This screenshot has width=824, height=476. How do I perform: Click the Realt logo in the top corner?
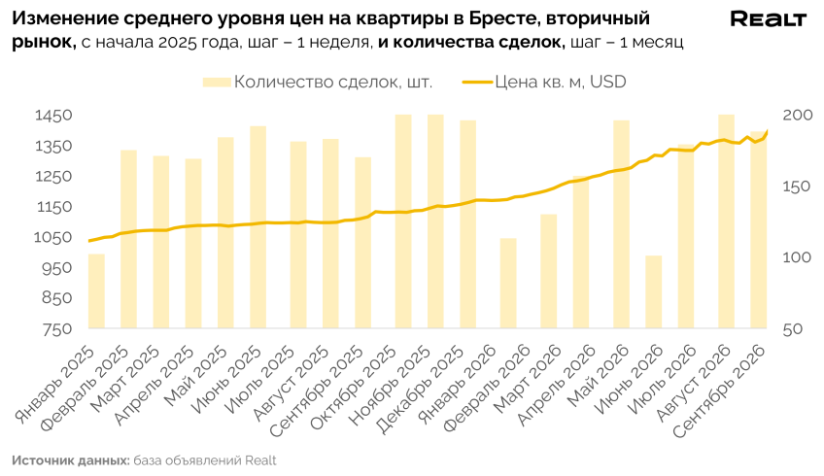click(768, 19)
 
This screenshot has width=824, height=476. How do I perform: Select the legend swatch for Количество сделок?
click(217, 82)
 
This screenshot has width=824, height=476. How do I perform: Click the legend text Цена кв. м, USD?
click(561, 82)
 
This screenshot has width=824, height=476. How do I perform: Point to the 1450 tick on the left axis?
click(53, 116)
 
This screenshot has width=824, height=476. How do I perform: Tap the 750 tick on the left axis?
click(56, 329)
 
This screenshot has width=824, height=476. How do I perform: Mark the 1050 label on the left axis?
click(53, 237)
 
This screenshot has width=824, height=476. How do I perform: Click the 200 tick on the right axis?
click(798, 115)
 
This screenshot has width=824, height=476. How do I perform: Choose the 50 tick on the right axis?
click(793, 329)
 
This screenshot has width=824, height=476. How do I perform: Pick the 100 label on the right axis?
click(797, 257)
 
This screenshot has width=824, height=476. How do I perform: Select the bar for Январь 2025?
click(97, 291)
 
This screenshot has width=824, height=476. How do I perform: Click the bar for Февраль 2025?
click(128, 240)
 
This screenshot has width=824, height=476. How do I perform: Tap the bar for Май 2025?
click(225, 233)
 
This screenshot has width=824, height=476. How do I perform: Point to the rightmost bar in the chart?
click(758, 230)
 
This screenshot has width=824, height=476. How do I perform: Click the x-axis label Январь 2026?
click(458, 383)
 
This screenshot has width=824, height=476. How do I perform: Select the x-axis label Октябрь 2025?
click(355, 387)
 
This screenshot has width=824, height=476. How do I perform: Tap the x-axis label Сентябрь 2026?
click(719, 391)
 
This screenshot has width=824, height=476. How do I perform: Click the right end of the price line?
click(768, 131)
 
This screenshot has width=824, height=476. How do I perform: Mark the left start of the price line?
click(88, 241)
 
